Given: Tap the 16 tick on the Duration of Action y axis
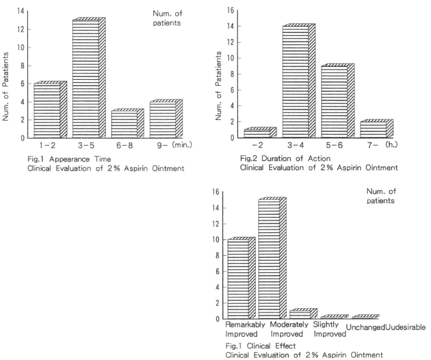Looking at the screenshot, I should click(x=230, y=10).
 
